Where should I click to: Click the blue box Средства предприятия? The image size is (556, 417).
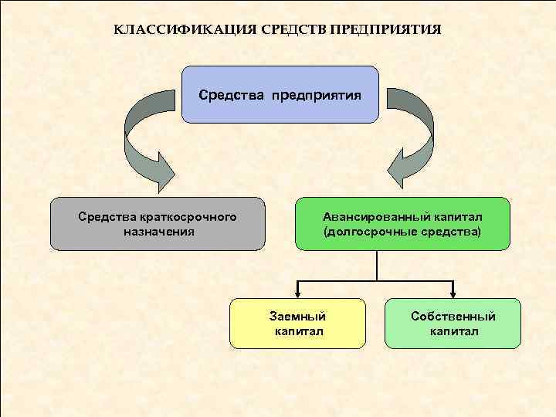pos(280,95)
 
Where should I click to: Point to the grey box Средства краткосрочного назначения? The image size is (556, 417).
pos(158,224)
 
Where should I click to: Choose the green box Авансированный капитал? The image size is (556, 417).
pos(402,224)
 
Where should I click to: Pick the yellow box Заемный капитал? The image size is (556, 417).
pos(297,324)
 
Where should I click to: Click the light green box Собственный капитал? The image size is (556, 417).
pos(453,324)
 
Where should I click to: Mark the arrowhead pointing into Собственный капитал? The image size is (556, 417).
pos(454,293)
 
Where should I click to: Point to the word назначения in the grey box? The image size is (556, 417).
pos(158,231)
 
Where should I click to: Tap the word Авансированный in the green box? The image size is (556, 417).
pos(368,217)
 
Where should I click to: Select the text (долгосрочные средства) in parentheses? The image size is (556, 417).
pos(402,231)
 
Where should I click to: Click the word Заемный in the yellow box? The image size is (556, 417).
pos(297,317)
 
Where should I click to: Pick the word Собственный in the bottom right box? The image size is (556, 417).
pos(453,317)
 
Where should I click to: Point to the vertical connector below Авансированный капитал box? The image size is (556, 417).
pos(376,265)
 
